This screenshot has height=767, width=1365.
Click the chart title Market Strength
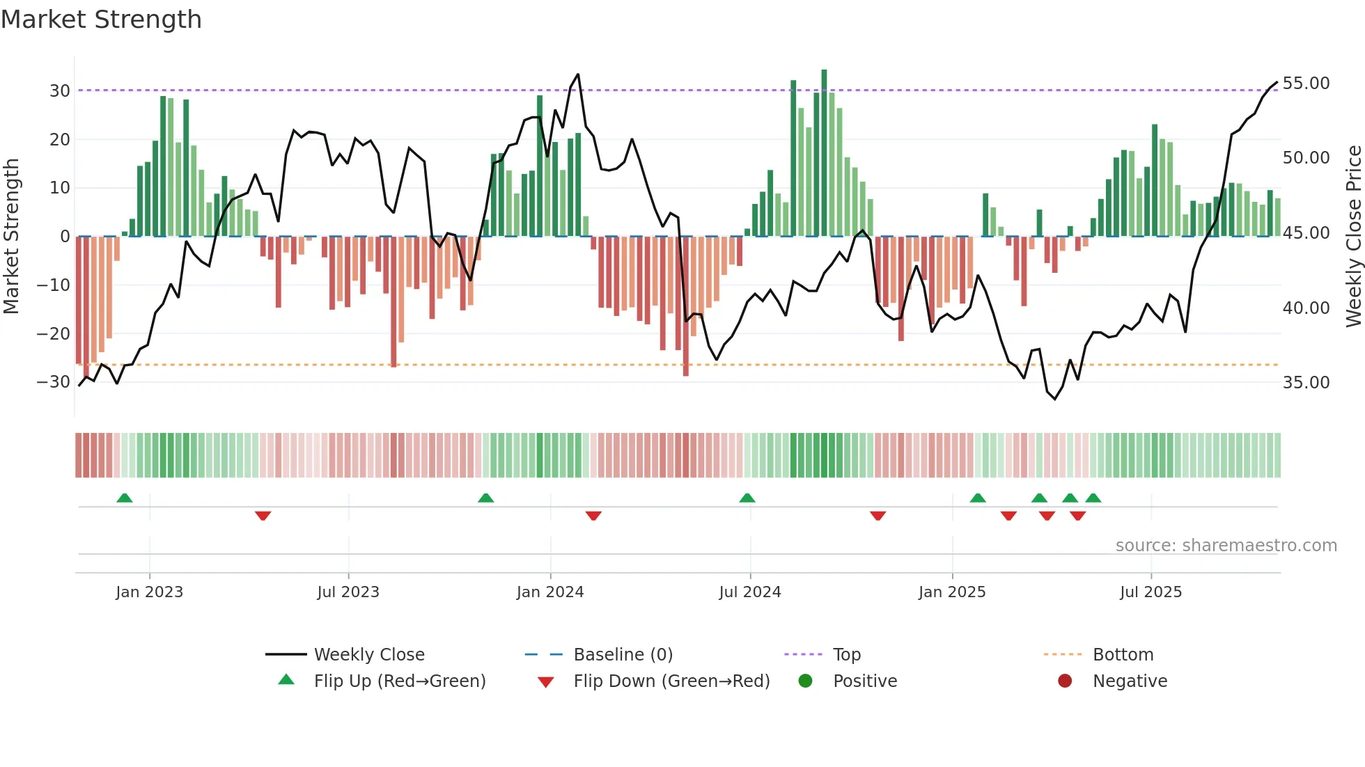pos(101,19)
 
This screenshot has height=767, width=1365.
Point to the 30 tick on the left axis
pos(60,91)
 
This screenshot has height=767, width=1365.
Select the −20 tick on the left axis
pos(54,334)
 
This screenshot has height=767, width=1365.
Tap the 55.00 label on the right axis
pos(1306,84)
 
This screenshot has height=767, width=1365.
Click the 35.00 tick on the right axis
pos(1306,383)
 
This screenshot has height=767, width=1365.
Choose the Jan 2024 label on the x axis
pos(549,592)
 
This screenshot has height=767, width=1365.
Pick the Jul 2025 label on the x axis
pos(1150,592)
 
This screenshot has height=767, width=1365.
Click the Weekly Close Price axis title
pos(1353,237)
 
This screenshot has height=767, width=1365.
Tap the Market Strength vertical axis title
pos(11,237)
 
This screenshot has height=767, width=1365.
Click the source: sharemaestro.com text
pos(1226,546)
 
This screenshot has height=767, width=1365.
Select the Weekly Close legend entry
pos(368,655)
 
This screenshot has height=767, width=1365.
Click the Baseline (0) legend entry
pos(623,655)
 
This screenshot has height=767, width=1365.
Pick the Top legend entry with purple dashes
pos(846,655)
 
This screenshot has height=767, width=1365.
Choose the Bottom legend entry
pos(1123,655)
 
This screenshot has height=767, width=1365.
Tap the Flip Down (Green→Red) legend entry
pos(671,681)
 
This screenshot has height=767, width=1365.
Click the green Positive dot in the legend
pos(805,681)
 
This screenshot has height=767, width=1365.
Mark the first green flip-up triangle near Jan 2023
pos(125,498)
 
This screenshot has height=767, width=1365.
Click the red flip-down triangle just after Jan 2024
pos(593,516)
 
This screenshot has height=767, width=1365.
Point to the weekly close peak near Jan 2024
pos(578,75)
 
